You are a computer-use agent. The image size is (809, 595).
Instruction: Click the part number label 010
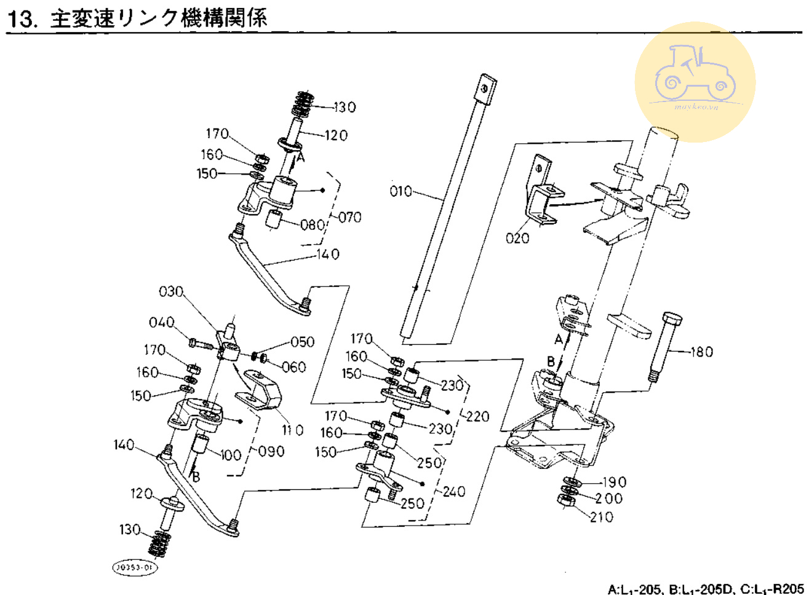pyautogui.click(x=401, y=191)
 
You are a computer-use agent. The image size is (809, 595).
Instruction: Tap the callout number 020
pyautogui.click(x=517, y=237)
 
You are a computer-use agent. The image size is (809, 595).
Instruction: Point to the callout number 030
pyautogui.click(x=171, y=291)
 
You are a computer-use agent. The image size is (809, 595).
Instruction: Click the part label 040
pyautogui.click(x=161, y=323)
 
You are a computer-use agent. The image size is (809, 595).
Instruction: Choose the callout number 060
pyautogui.click(x=293, y=367)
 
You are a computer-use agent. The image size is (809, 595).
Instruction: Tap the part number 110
pyautogui.click(x=292, y=430)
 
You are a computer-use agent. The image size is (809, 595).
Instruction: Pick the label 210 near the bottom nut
pyautogui.click(x=601, y=517)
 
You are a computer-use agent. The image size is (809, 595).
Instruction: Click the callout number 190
pyautogui.click(x=613, y=483)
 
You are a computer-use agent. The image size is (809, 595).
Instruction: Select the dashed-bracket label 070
pyautogui.click(x=349, y=217)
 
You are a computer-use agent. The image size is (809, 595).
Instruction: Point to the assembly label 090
pyautogui.click(x=271, y=451)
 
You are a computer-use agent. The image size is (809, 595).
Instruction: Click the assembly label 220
pyautogui.click(x=477, y=416)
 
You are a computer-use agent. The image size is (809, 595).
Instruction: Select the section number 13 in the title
pyautogui.click(x=20, y=18)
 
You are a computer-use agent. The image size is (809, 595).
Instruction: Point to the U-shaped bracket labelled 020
pyautogui.click(x=541, y=191)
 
